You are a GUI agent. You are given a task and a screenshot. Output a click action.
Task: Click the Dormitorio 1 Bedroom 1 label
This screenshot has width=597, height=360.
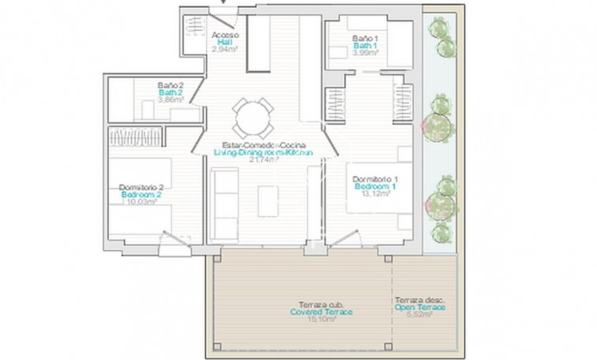click(x=375, y=184)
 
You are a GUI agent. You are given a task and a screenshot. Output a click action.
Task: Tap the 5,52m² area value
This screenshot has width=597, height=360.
click(x=419, y=315)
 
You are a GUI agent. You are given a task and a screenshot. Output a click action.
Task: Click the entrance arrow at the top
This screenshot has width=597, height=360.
click(x=223, y=3)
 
